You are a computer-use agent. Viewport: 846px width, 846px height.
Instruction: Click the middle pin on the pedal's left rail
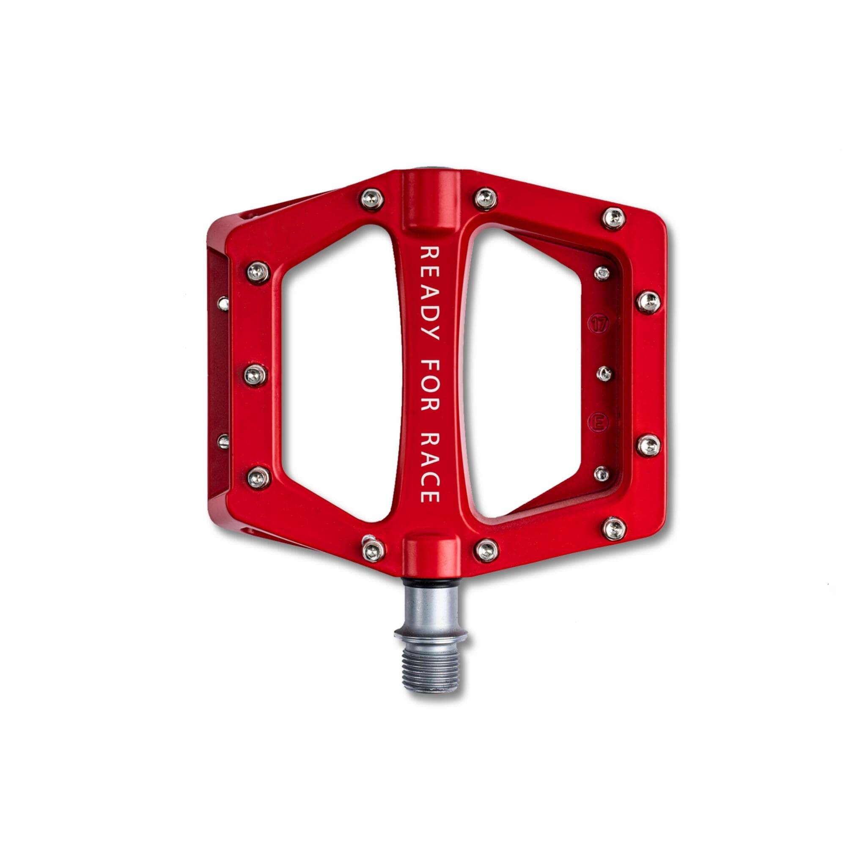pyautogui.click(x=256, y=376)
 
